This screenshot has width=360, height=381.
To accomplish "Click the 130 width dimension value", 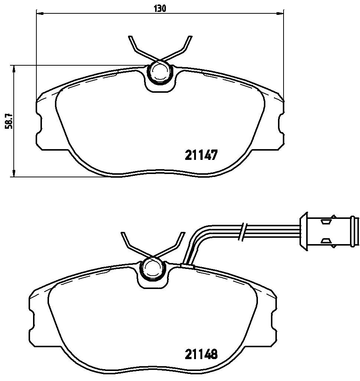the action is (160, 9).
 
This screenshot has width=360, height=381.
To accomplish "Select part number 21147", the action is (201, 155).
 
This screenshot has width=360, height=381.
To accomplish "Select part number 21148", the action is (201, 354).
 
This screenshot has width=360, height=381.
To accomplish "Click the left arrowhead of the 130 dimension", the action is (39, 13).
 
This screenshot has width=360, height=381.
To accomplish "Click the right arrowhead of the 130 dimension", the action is (281, 13).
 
